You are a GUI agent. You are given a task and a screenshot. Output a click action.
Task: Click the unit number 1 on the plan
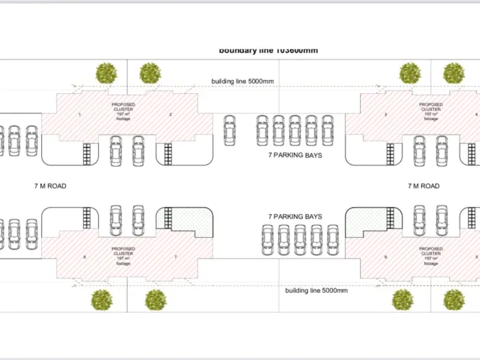(x=80, y=114)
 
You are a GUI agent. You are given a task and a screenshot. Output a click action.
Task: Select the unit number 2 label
(x=171, y=114)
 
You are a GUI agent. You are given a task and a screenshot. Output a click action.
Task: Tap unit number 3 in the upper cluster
(x=386, y=114)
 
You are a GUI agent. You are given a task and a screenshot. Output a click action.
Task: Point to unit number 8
(x=84, y=256)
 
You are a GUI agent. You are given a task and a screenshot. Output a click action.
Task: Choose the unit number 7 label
(x=176, y=256)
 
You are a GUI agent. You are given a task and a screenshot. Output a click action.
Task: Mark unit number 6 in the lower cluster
(x=386, y=256)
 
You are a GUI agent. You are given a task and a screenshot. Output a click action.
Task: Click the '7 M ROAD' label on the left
(x=50, y=186)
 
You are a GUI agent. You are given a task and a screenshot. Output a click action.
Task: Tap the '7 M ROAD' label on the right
(x=423, y=186)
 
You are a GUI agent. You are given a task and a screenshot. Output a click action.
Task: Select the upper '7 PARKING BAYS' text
(x=295, y=156)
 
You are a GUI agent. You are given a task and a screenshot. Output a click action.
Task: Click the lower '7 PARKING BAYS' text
(x=295, y=216)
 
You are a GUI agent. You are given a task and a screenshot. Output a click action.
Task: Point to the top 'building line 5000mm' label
(x=243, y=82)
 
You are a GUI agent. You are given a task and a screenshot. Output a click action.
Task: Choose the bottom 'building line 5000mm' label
(x=317, y=291)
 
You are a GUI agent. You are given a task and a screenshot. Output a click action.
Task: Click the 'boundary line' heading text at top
(x=268, y=50)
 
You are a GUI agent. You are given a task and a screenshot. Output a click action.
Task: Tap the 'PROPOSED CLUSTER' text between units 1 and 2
(x=123, y=108)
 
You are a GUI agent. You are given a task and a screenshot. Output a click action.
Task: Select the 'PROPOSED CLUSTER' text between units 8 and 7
(x=123, y=251)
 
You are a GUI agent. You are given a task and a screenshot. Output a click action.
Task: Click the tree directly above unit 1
(x=106, y=72)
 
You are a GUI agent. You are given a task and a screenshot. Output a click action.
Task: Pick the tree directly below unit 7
(x=156, y=300)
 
